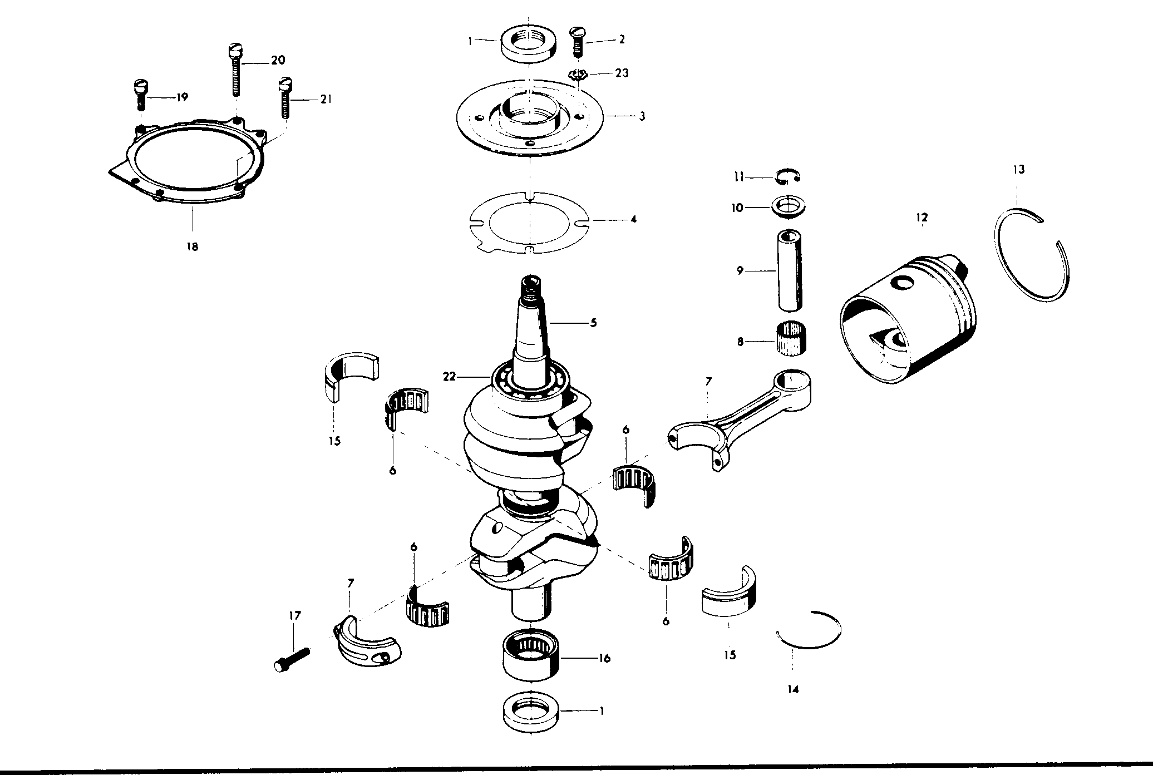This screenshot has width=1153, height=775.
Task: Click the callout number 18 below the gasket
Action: (x=192, y=246)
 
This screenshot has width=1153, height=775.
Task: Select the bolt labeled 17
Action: (x=292, y=658)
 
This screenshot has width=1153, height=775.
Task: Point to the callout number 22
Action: (x=449, y=377)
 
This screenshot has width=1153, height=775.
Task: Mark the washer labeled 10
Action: (x=787, y=207)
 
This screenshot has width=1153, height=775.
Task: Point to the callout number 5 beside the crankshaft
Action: (x=593, y=323)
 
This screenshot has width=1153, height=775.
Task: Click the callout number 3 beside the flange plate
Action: (x=642, y=117)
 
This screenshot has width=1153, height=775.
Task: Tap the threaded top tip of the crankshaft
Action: (x=531, y=287)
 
